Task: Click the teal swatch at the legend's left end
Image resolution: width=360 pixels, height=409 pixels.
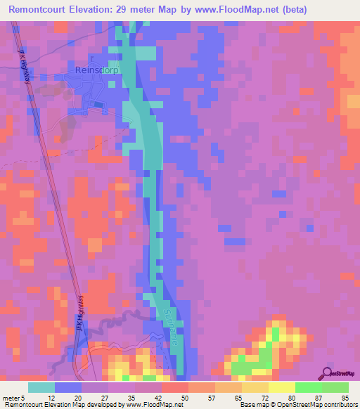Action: (41, 387)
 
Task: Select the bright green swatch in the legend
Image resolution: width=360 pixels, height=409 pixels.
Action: (309, 387)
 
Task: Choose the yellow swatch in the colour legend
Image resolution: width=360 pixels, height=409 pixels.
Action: (282, 387)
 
